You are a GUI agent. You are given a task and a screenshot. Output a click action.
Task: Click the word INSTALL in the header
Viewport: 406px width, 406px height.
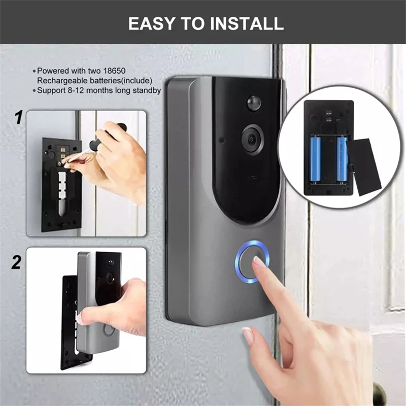coord(247,23)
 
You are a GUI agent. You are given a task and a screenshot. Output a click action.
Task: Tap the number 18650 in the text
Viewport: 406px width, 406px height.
coord(114,71)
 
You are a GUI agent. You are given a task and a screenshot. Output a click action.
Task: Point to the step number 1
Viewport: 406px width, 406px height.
coord(19,117)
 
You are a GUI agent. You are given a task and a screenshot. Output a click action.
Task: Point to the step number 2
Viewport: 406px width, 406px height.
coord(16,262)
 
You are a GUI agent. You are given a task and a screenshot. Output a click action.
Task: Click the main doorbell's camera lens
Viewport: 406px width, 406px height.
coord(253,140)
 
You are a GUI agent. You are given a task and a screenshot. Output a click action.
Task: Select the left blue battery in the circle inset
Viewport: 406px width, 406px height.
coord(315,159)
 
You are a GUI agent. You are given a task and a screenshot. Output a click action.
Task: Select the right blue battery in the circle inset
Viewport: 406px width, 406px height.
coord(342,159)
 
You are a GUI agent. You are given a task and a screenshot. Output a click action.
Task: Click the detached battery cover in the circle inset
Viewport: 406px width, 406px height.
coord(363,167)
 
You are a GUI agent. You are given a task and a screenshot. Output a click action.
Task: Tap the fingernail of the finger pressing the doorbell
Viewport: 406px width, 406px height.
coord(260,261)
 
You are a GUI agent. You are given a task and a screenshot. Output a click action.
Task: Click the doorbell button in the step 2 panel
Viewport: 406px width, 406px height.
coord(109,329)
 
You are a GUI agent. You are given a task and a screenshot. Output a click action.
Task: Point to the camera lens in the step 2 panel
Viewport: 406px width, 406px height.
coord(110,277)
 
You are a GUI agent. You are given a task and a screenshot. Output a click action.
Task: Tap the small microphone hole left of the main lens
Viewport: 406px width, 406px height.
coord(222,141)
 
